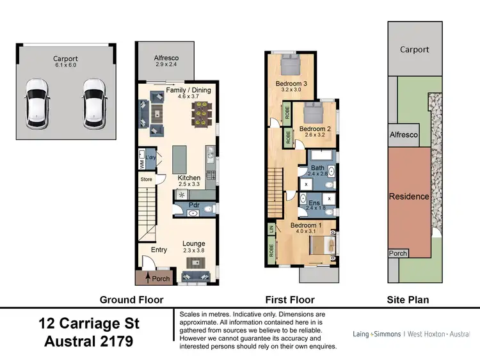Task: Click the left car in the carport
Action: pos(37,103)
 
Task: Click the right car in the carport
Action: pos(93,103)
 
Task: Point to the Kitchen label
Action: pos(189,178)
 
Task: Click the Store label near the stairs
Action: pos(147,180)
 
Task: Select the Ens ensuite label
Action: pos(314,202)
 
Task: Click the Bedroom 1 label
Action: pos(307,226)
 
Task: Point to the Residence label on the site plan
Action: pos(409,196)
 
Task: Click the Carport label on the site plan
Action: pos(414,49)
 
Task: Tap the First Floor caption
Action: pos(290,299)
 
